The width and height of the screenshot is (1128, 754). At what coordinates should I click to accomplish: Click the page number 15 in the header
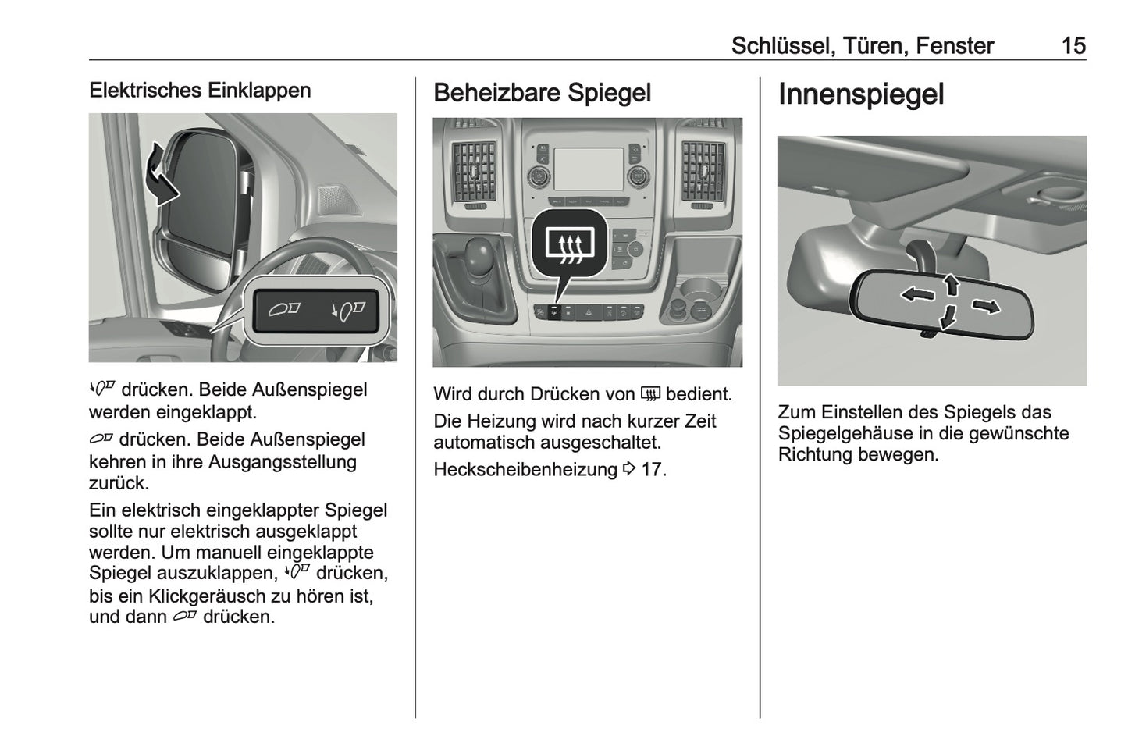pyautogui.click(x=1073, y=45)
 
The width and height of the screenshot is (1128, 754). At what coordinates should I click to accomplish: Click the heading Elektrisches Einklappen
pyautogui.click(x=200, y=91)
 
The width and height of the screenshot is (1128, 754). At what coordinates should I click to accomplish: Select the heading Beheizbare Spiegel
pyautogui.click(x=542, y=93)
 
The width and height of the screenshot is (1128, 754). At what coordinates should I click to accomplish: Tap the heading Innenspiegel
pyautogui.click(x=860, y=94)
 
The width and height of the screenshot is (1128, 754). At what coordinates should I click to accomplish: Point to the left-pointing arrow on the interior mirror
pyautogui.click(x=917, y=294)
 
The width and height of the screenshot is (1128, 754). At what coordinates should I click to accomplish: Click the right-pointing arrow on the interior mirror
pyautogui.click(x=985, y=306)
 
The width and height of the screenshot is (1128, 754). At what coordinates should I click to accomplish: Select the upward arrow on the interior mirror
pyautogui.click(x=951, y=283)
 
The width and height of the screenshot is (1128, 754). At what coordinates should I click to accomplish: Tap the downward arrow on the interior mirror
pyautogui.click(x=948, y=317)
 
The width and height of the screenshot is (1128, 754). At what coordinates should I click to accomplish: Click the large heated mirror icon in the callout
pyautogui.click(x=570, y=245)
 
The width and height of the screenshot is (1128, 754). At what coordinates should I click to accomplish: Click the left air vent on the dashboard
pyautogui.click(x=474, y=169)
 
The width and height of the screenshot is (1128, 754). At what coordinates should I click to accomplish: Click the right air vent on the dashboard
pyautogui.click(x=703, y=169)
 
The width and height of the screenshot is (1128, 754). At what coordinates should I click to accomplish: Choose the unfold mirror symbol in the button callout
pyautogui.click(x=285, y=310)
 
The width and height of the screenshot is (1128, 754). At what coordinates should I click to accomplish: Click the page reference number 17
pyautogui.click(x=652, y=470)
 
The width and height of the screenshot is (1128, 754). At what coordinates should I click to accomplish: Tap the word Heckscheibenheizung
pyautogui.click(x=525, y=470)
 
